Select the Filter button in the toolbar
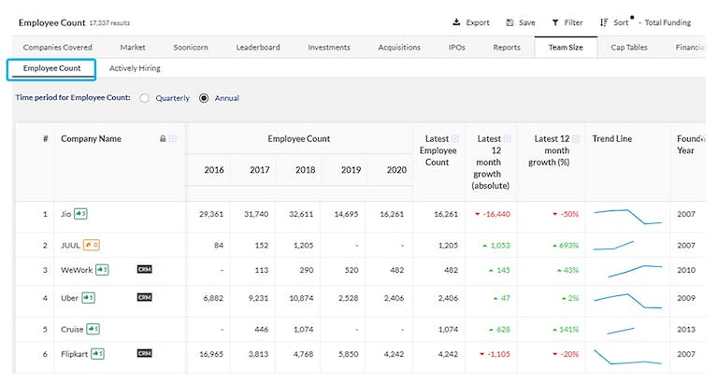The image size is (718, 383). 567,22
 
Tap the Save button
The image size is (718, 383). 521,22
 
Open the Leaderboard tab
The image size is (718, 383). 258,47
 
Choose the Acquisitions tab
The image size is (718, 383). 399,47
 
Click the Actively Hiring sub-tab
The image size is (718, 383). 135,68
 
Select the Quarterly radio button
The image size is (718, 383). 145,98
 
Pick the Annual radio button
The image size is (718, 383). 204,98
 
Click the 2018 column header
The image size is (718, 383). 305,170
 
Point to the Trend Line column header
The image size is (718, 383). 612,139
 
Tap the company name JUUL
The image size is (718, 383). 71,245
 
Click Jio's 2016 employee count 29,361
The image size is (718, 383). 211,214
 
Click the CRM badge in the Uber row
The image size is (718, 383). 144,298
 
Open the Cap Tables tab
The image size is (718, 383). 629,47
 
